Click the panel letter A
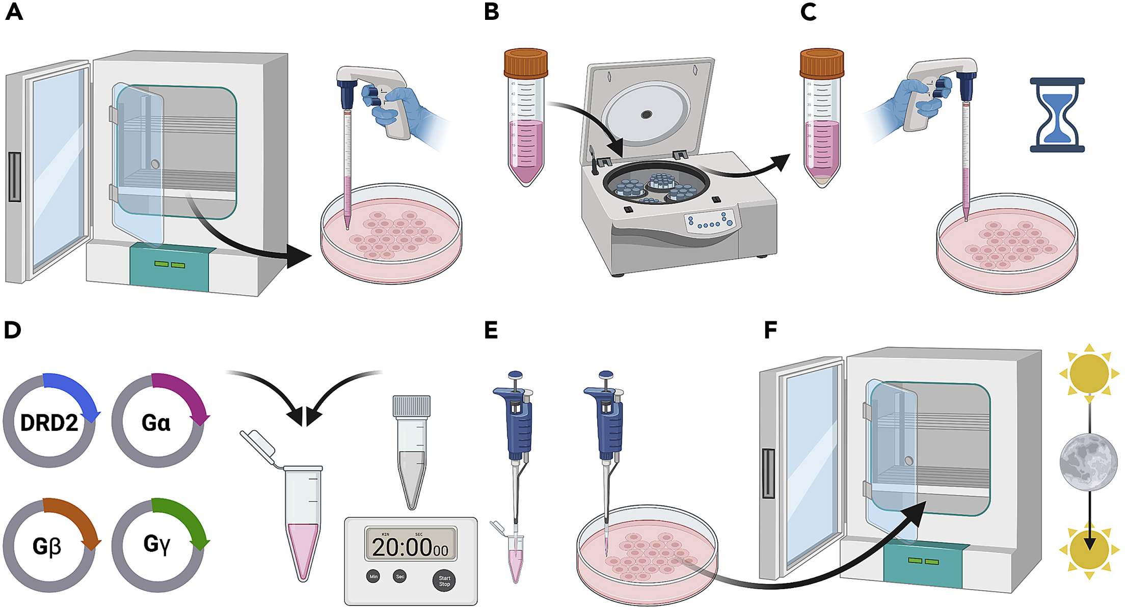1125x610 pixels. click(14, 12)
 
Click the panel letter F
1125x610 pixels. click(770, 330)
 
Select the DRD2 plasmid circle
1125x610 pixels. click(49, 422)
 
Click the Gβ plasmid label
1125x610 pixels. click(47, 546)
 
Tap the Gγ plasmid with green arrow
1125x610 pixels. click(157, 545)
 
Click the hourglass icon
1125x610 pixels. click(1057, 115)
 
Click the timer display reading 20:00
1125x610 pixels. click(410, 546)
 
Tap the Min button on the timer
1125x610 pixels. click(373, 576)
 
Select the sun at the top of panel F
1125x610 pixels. click(1089, 373)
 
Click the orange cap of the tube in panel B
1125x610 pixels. click(526, 63)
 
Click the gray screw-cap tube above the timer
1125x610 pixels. click(411, 451)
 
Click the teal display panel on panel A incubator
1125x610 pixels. click(169, 266)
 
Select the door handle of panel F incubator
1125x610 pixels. click(768, 474)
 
